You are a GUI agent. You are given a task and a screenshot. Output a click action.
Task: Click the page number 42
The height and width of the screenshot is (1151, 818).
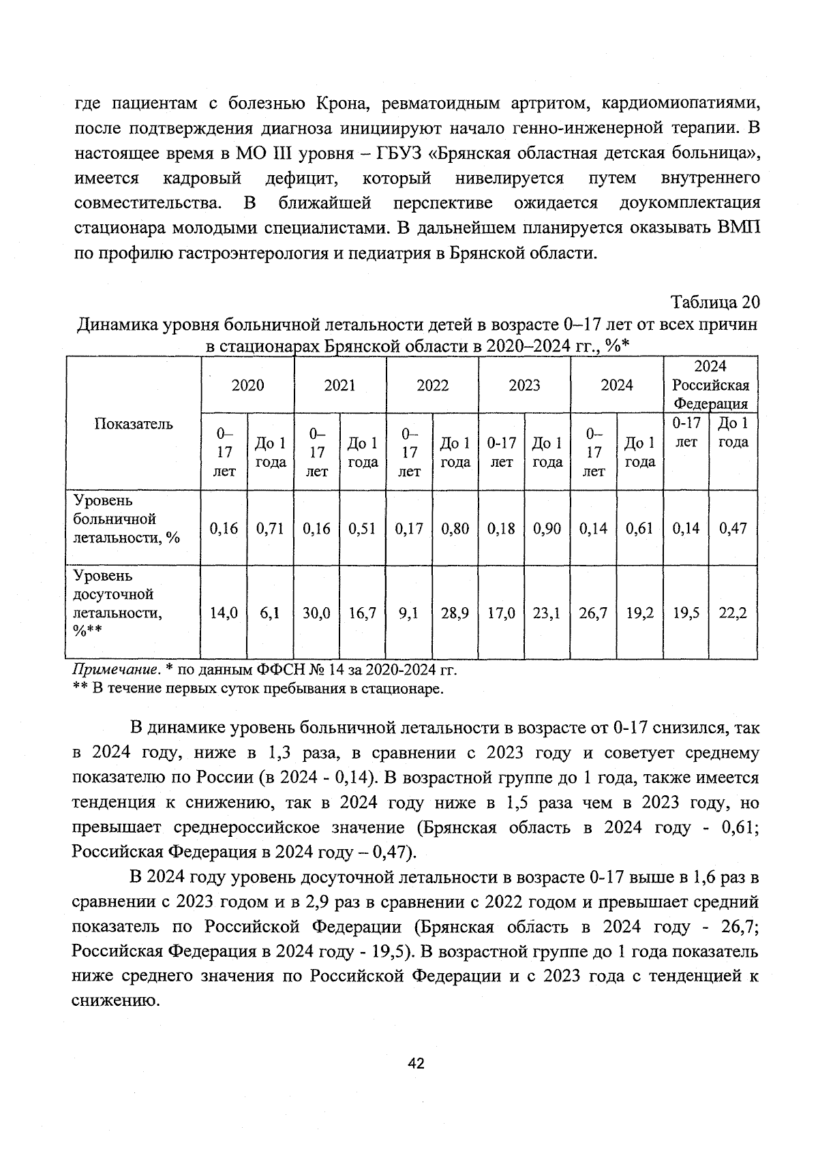click(416, 1063)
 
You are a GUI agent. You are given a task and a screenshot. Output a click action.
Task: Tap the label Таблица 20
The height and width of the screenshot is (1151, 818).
click(715, 302)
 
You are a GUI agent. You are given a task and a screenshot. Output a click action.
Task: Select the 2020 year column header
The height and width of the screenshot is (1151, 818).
click(247, 385)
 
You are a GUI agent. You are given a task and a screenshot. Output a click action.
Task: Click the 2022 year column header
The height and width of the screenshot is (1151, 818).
click(432, 385)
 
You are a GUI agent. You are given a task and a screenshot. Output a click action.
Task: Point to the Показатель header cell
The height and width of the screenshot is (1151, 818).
click(134, 424)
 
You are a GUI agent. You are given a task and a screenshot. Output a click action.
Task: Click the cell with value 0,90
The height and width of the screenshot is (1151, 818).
click(547, 528)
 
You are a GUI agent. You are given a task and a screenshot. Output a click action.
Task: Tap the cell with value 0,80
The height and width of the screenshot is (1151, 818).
click(455, 528)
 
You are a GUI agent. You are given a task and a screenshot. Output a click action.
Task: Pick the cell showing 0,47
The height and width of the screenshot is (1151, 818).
click(733, 528)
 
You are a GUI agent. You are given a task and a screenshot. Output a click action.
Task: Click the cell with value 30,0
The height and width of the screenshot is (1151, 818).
click(316, 613)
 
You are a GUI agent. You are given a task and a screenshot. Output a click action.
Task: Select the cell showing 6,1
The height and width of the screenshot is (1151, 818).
click(270, 613)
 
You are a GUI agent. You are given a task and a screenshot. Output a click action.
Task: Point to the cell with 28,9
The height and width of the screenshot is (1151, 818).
click(455, 613)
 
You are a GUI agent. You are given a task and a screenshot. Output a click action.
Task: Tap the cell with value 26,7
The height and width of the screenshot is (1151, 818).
click(593, 613)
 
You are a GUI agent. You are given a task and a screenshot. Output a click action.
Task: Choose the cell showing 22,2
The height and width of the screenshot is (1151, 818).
click(733, 613)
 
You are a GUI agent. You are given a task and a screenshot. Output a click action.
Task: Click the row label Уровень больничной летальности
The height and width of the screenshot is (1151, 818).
click(126, 519)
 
